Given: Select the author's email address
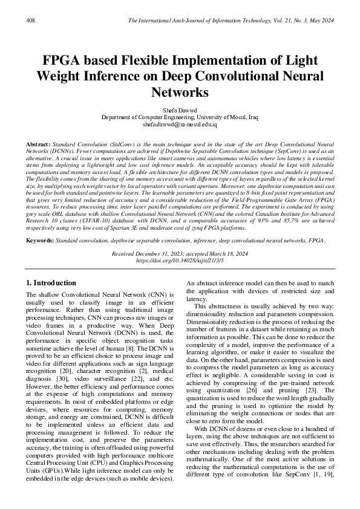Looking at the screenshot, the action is (180, 125).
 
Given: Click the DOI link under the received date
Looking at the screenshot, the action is (180, 261).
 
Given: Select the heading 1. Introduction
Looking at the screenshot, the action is (52, 283).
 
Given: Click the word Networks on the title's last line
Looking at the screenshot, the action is (180, 92).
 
